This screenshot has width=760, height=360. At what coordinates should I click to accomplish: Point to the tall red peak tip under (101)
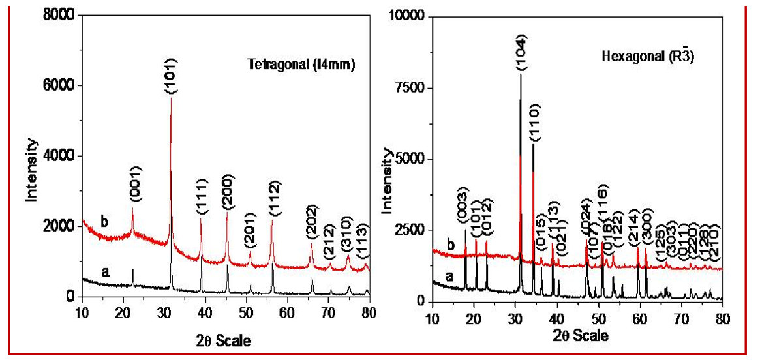click(x=171, y=98)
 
